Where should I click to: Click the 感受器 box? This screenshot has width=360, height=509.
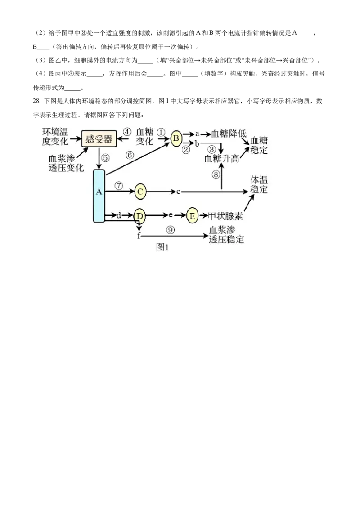click(x=99, y=138)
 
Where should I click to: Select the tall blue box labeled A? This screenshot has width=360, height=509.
click(x=99, y=196)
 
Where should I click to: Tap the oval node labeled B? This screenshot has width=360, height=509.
click(x=176, y=138)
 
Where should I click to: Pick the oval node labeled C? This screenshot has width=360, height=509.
click(x=140, y=192)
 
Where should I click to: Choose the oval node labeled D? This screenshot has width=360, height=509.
click(x=140, y=216)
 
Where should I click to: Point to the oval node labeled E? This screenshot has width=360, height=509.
click(x=192, y=216)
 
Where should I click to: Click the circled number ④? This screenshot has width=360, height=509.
click(x=127, y=132)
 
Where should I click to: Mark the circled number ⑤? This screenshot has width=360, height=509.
click(x=105, y=157)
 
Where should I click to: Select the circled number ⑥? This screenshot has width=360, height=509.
click(x=130, y=155)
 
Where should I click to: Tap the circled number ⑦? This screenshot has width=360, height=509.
click(x=119, y=185)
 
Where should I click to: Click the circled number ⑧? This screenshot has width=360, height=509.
click(x=216, y=174)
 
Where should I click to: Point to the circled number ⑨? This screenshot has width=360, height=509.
click(x=170, y=229)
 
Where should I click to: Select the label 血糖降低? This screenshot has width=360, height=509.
click(x=229, y=134)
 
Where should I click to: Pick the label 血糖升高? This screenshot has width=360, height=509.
click(x=221, y=158)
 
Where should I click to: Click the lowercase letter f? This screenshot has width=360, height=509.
click(x=139, y=236)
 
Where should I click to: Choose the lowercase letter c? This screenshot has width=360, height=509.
click(x=178, y=192)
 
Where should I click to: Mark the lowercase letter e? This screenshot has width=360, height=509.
click(x=171, y=215)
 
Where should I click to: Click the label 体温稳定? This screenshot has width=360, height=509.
click(x=259, y=185)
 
